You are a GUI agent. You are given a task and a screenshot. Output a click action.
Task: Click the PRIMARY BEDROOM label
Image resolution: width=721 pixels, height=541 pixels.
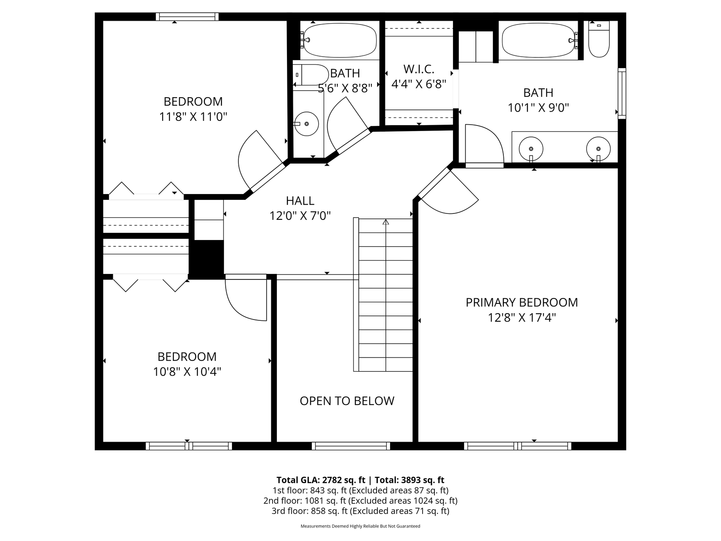click(x=522, y=303)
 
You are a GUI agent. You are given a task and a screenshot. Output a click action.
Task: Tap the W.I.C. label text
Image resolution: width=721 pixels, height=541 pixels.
click(x=418, y=69)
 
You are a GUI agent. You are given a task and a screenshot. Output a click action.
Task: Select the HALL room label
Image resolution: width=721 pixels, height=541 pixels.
click(x=300, y=201)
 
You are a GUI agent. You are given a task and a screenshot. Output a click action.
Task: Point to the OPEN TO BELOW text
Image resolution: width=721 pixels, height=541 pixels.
click(x=347, y=401)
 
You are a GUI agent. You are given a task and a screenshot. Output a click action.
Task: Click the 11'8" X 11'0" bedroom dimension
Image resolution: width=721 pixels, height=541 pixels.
click(x=193, y=117)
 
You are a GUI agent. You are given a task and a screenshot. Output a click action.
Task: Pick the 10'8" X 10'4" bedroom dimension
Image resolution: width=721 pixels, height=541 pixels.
click(x=187, y=372)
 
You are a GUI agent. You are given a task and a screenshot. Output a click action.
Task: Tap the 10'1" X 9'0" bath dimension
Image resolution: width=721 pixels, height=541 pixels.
click(x=538, y=108)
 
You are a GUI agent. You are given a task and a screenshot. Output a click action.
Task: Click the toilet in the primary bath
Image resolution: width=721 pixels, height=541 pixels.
click(x=598, y=39)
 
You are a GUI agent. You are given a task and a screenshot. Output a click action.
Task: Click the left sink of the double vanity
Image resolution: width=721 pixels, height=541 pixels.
click(x=531, y=149)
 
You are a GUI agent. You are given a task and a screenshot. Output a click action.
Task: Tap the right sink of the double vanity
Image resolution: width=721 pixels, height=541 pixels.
click(x=598, y=149)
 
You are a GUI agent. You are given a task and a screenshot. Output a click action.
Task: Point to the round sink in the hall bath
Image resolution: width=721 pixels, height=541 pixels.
click(x=306, y=124)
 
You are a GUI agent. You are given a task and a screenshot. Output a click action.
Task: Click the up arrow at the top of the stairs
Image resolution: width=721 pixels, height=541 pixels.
click(x=385, y=222)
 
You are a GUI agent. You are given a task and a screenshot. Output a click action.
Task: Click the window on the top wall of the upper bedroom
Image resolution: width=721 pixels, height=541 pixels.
click(x=187, y=17)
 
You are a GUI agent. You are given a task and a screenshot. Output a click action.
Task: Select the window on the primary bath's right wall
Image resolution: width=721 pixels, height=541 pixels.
click(x=622, y=93)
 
